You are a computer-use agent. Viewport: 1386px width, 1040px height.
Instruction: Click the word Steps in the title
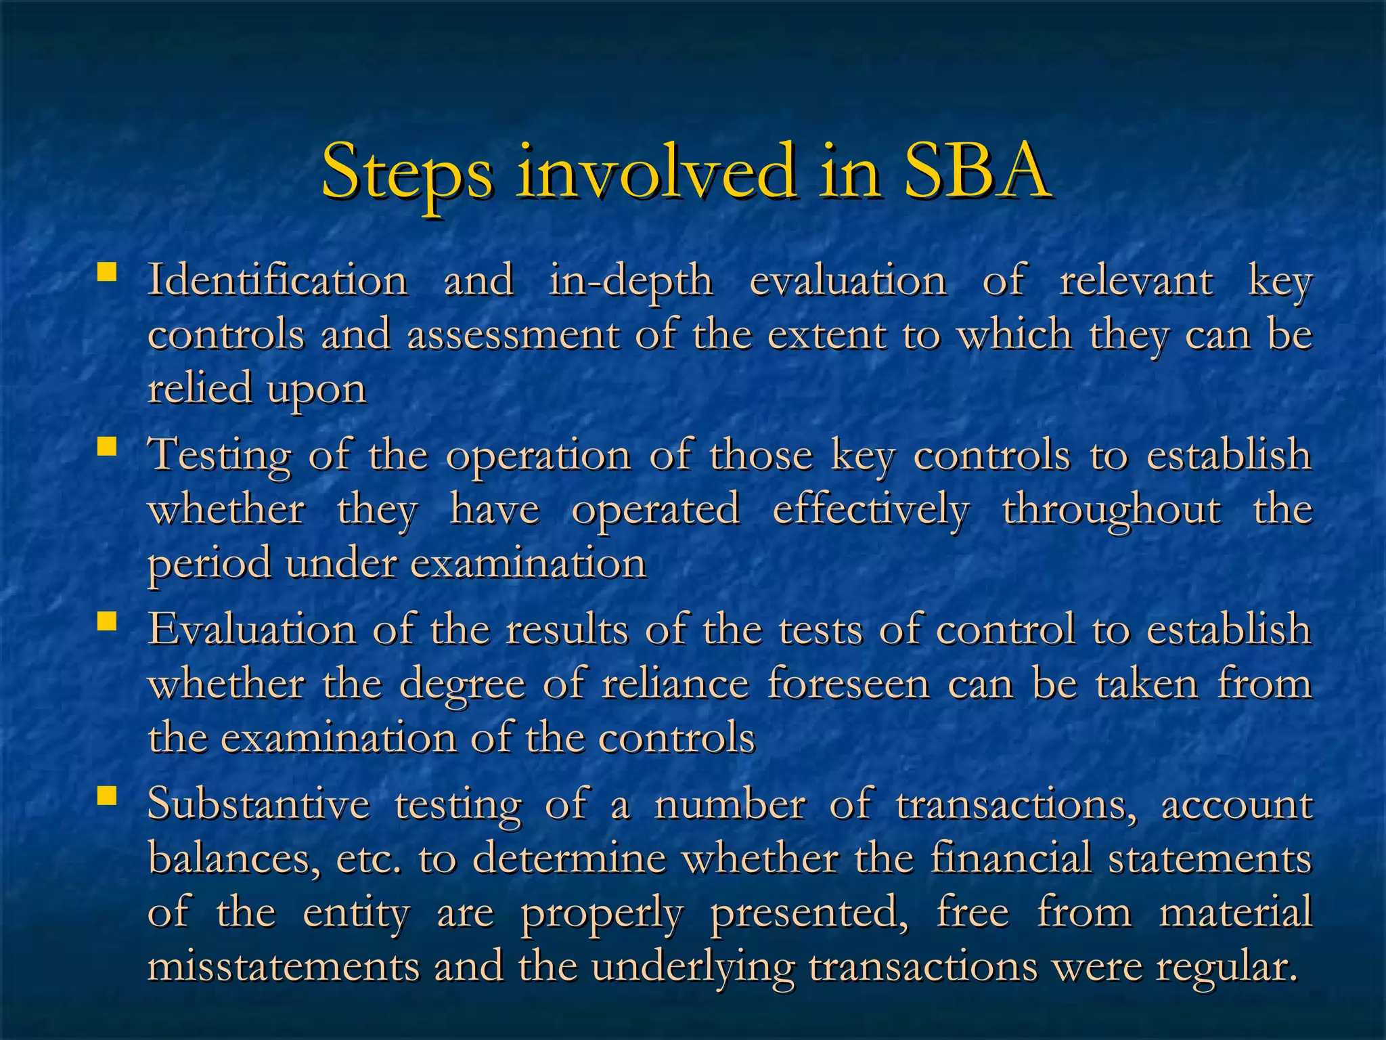coord(407,173)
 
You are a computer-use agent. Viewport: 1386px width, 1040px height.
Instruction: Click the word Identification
coord(277,280)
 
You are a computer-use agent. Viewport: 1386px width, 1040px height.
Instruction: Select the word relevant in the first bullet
coord(1136,282)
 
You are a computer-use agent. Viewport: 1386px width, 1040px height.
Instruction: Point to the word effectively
coord(870,511)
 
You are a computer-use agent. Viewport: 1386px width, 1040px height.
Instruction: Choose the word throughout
coord(1112,511)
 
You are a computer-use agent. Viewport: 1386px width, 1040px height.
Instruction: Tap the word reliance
coord(675,684)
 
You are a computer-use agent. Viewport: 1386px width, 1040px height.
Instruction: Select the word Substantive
coord(259,804)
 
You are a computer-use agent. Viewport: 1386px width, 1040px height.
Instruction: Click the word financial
coord(1011,859)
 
